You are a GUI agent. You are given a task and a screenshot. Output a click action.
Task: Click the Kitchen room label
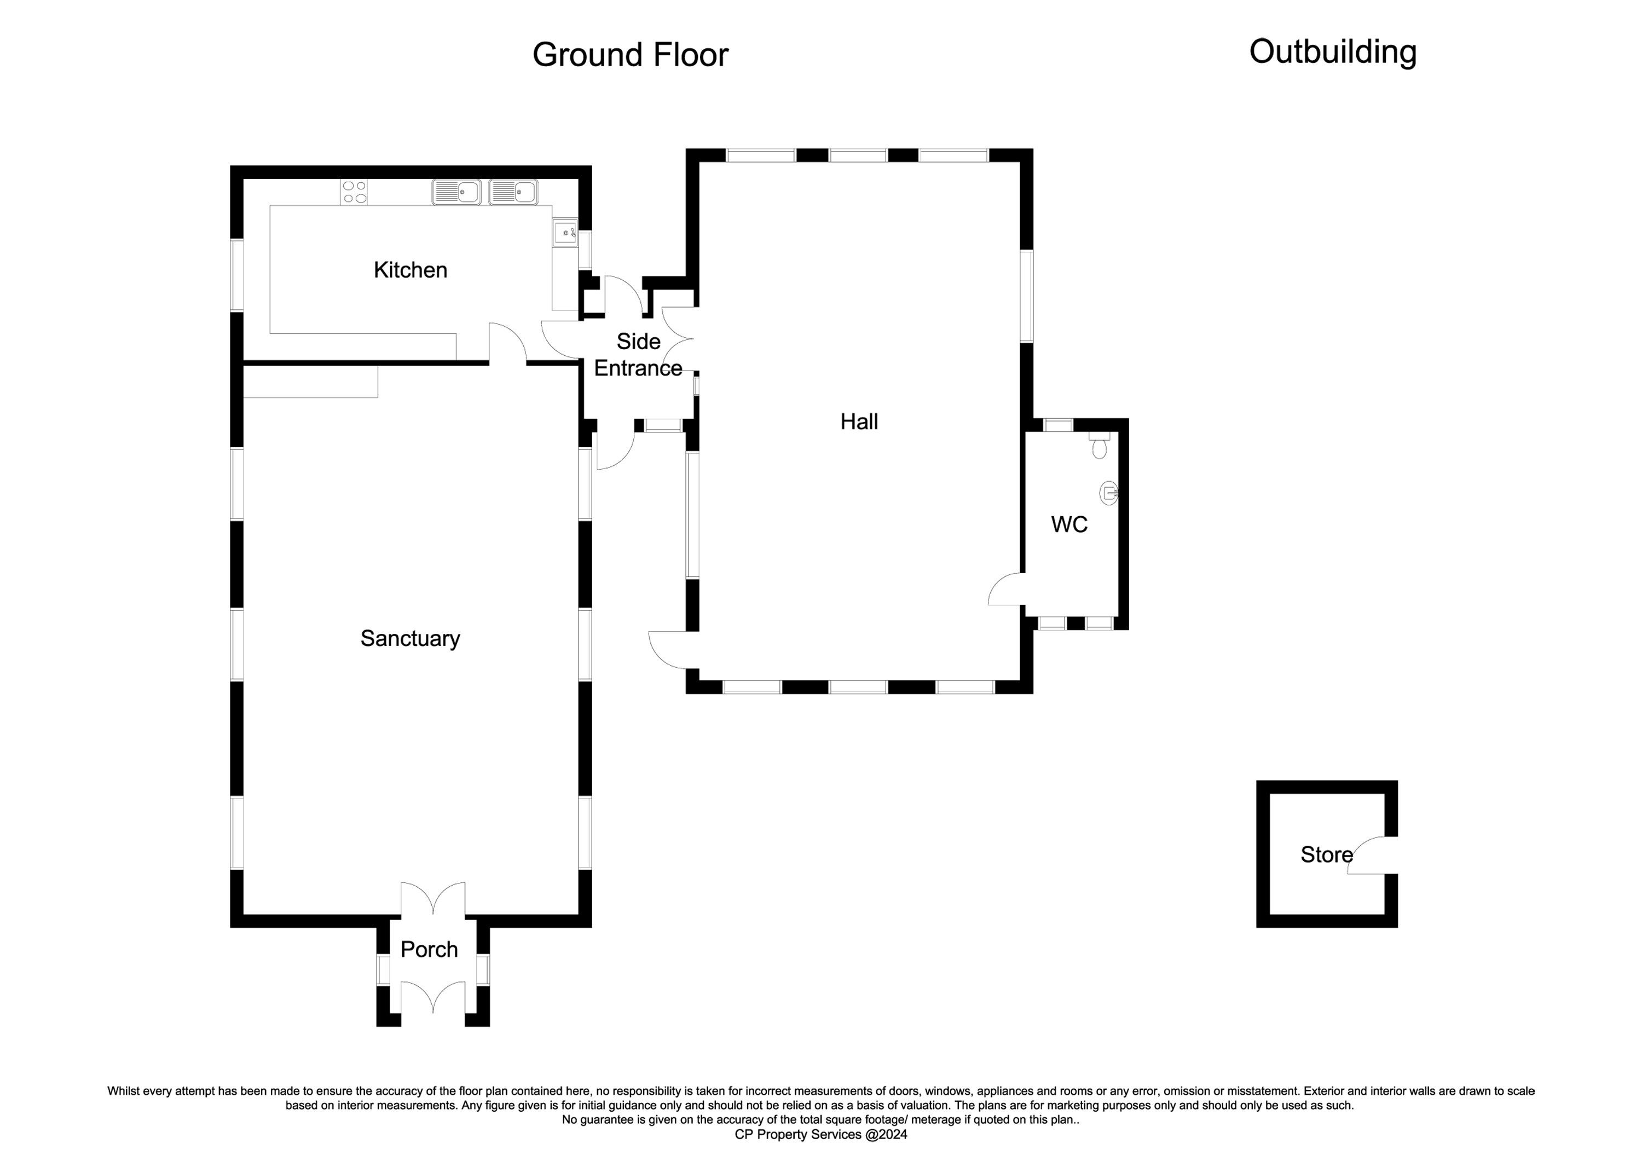pyautogui.click(x=410, y=270)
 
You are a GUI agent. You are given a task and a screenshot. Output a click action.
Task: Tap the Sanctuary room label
pyautogui.click(x=410, y=638)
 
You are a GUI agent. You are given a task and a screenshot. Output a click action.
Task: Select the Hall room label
pyautogui.click(x=859, y=421)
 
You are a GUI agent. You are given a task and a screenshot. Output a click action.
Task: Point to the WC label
pyautogui.click(x=1069, y=524)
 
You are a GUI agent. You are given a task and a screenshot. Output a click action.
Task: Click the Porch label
pyautogui.click(x=429, y=949)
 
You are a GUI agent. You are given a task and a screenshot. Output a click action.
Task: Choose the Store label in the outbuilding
pyautogui.click(x=1327, y=854)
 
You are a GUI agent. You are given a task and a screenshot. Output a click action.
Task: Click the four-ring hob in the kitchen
pyautogui.click(x=355, y=192)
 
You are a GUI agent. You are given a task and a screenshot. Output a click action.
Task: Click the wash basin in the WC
pyautogui.click(x=1108, y=492)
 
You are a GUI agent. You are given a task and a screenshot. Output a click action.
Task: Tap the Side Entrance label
pyautogui.click(x=638, y=355)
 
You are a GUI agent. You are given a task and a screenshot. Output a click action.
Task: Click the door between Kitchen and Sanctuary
pyautogui.click(x=508, y=343)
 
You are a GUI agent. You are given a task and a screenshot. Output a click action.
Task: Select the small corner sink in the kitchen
pyautogui.click(x=565, y=233)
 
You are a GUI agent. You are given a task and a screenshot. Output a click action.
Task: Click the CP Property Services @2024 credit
pyautogui.click(x=821, y=1135)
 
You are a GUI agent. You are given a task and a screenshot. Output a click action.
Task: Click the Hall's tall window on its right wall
pyautogui.click(x=1026, y=296)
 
